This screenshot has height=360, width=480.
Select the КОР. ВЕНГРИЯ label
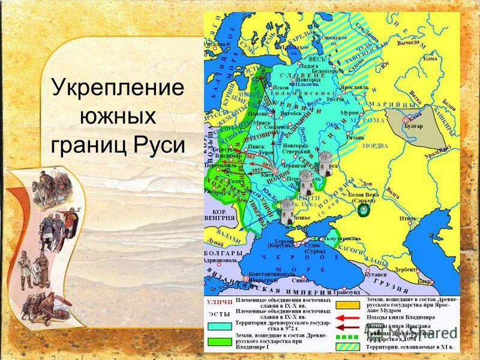222,217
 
